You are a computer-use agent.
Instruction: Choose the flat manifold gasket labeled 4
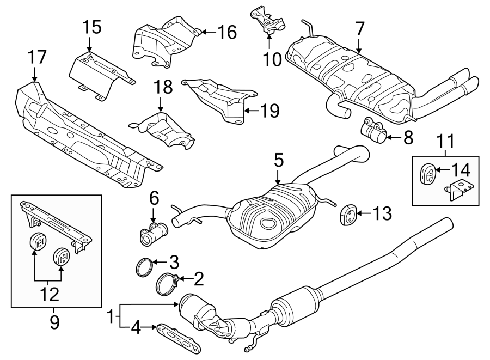pos(177,338)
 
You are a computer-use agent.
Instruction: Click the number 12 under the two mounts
pos(48,295)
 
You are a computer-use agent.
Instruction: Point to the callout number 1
pos(111,316)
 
